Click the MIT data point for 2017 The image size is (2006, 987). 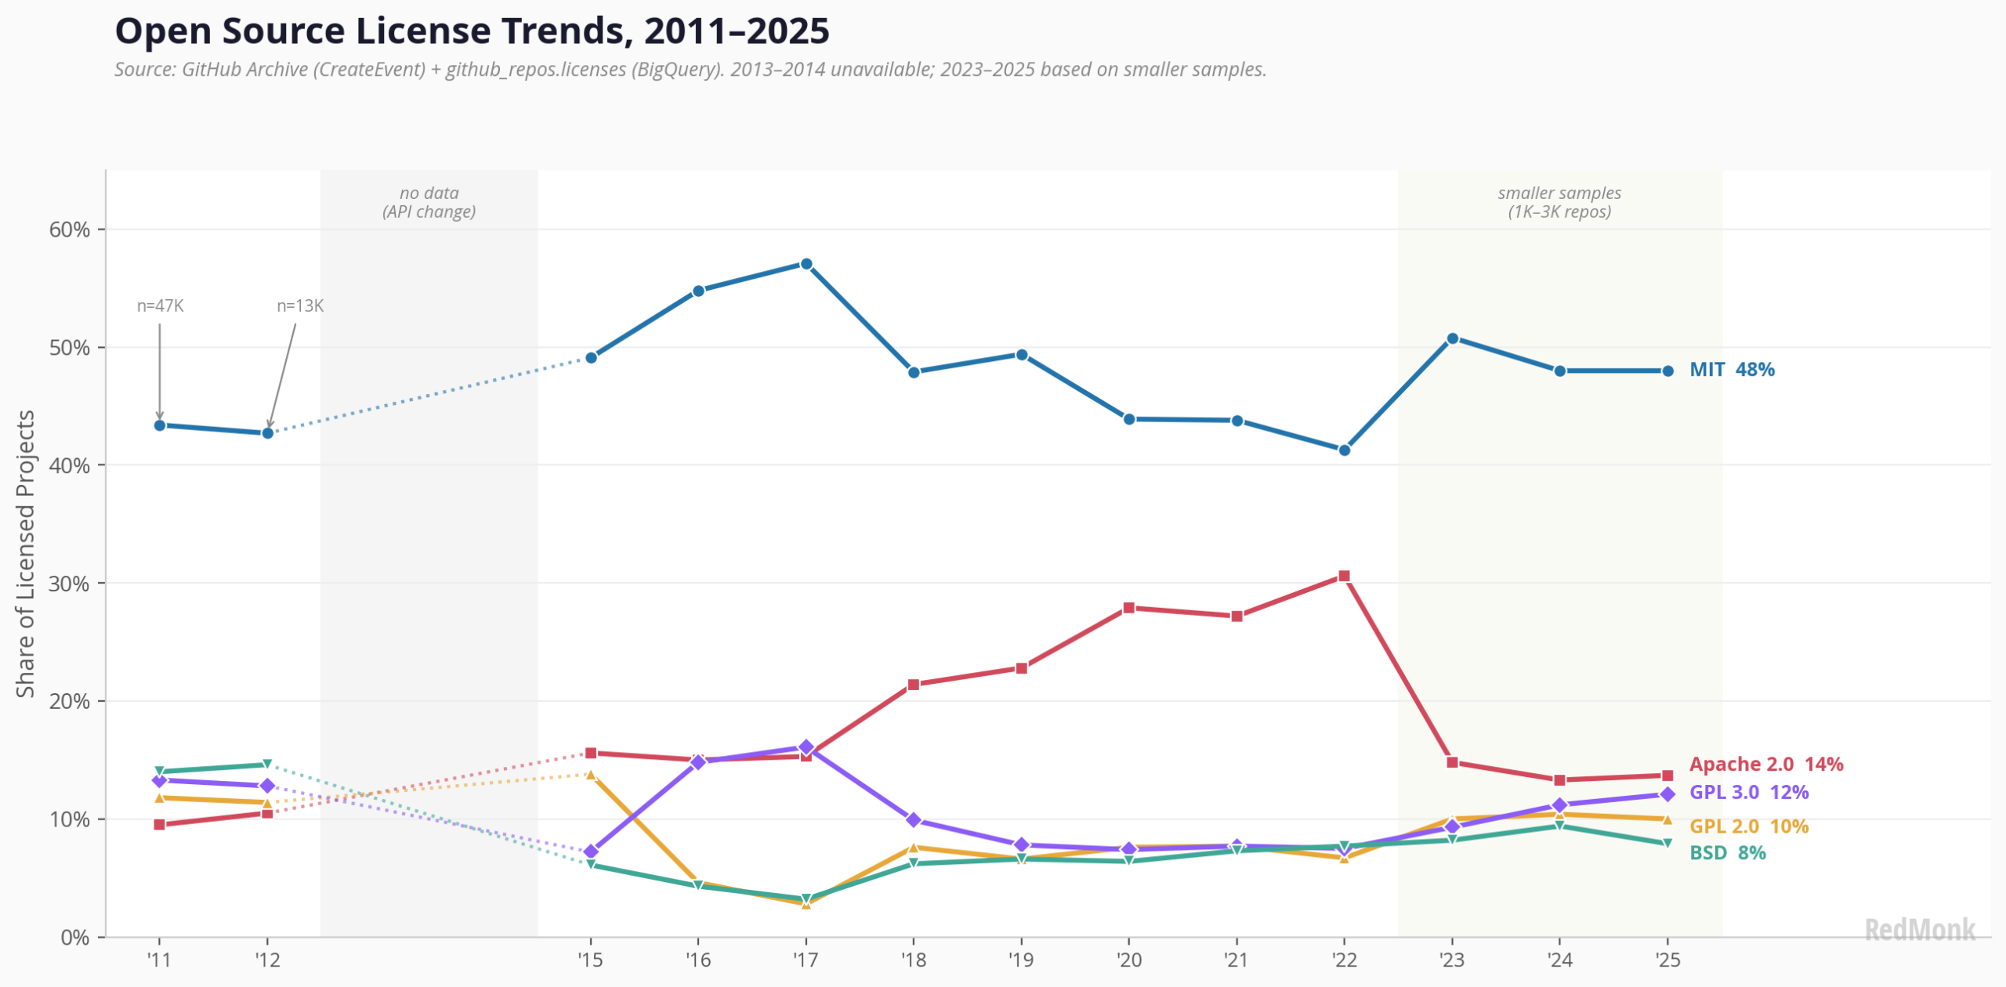pyautogui.click(x=806, y=264)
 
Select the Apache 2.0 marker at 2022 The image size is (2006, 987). pyautogui.click(x=1344, y=576)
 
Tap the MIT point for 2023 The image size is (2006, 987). pyautogui.click(x=1452, y=338)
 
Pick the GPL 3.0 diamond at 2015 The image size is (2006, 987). pyautogui.click(x=591, y=851)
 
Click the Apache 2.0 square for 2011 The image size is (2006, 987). pyautogui.click(x=160, y=824)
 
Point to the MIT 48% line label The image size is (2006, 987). pyautogui.click(x=1732, y=370)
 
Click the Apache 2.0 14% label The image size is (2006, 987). pyautogui.click(x=1765, y=765)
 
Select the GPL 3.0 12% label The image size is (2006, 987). pyautogui.click(x=1748, y=793)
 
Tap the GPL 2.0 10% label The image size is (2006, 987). pyautogui.click(x=1748, y=826)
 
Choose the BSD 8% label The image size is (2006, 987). pyautogui.click(x=1727, y=853)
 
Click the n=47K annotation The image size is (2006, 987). pyautogui.click(x=160, y=306)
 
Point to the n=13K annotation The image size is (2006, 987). pyautogui.click(x=299, y=306)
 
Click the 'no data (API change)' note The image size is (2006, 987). pyautogui.click(x=429, y=202)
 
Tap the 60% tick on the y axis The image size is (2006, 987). pyautogui.click(x=69, y=230)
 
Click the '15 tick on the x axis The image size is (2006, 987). pyautogui.click(x=590, y=960)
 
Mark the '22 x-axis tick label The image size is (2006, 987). pyautogui.click(x=1344, y=960)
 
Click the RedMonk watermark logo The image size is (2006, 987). pyautogui.click(x=1919, y=930)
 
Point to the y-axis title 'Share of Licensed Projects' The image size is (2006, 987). pyautogui.click(x=25, y=553)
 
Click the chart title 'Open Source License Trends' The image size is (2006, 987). pyautogui.click(x=472, y=31)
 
